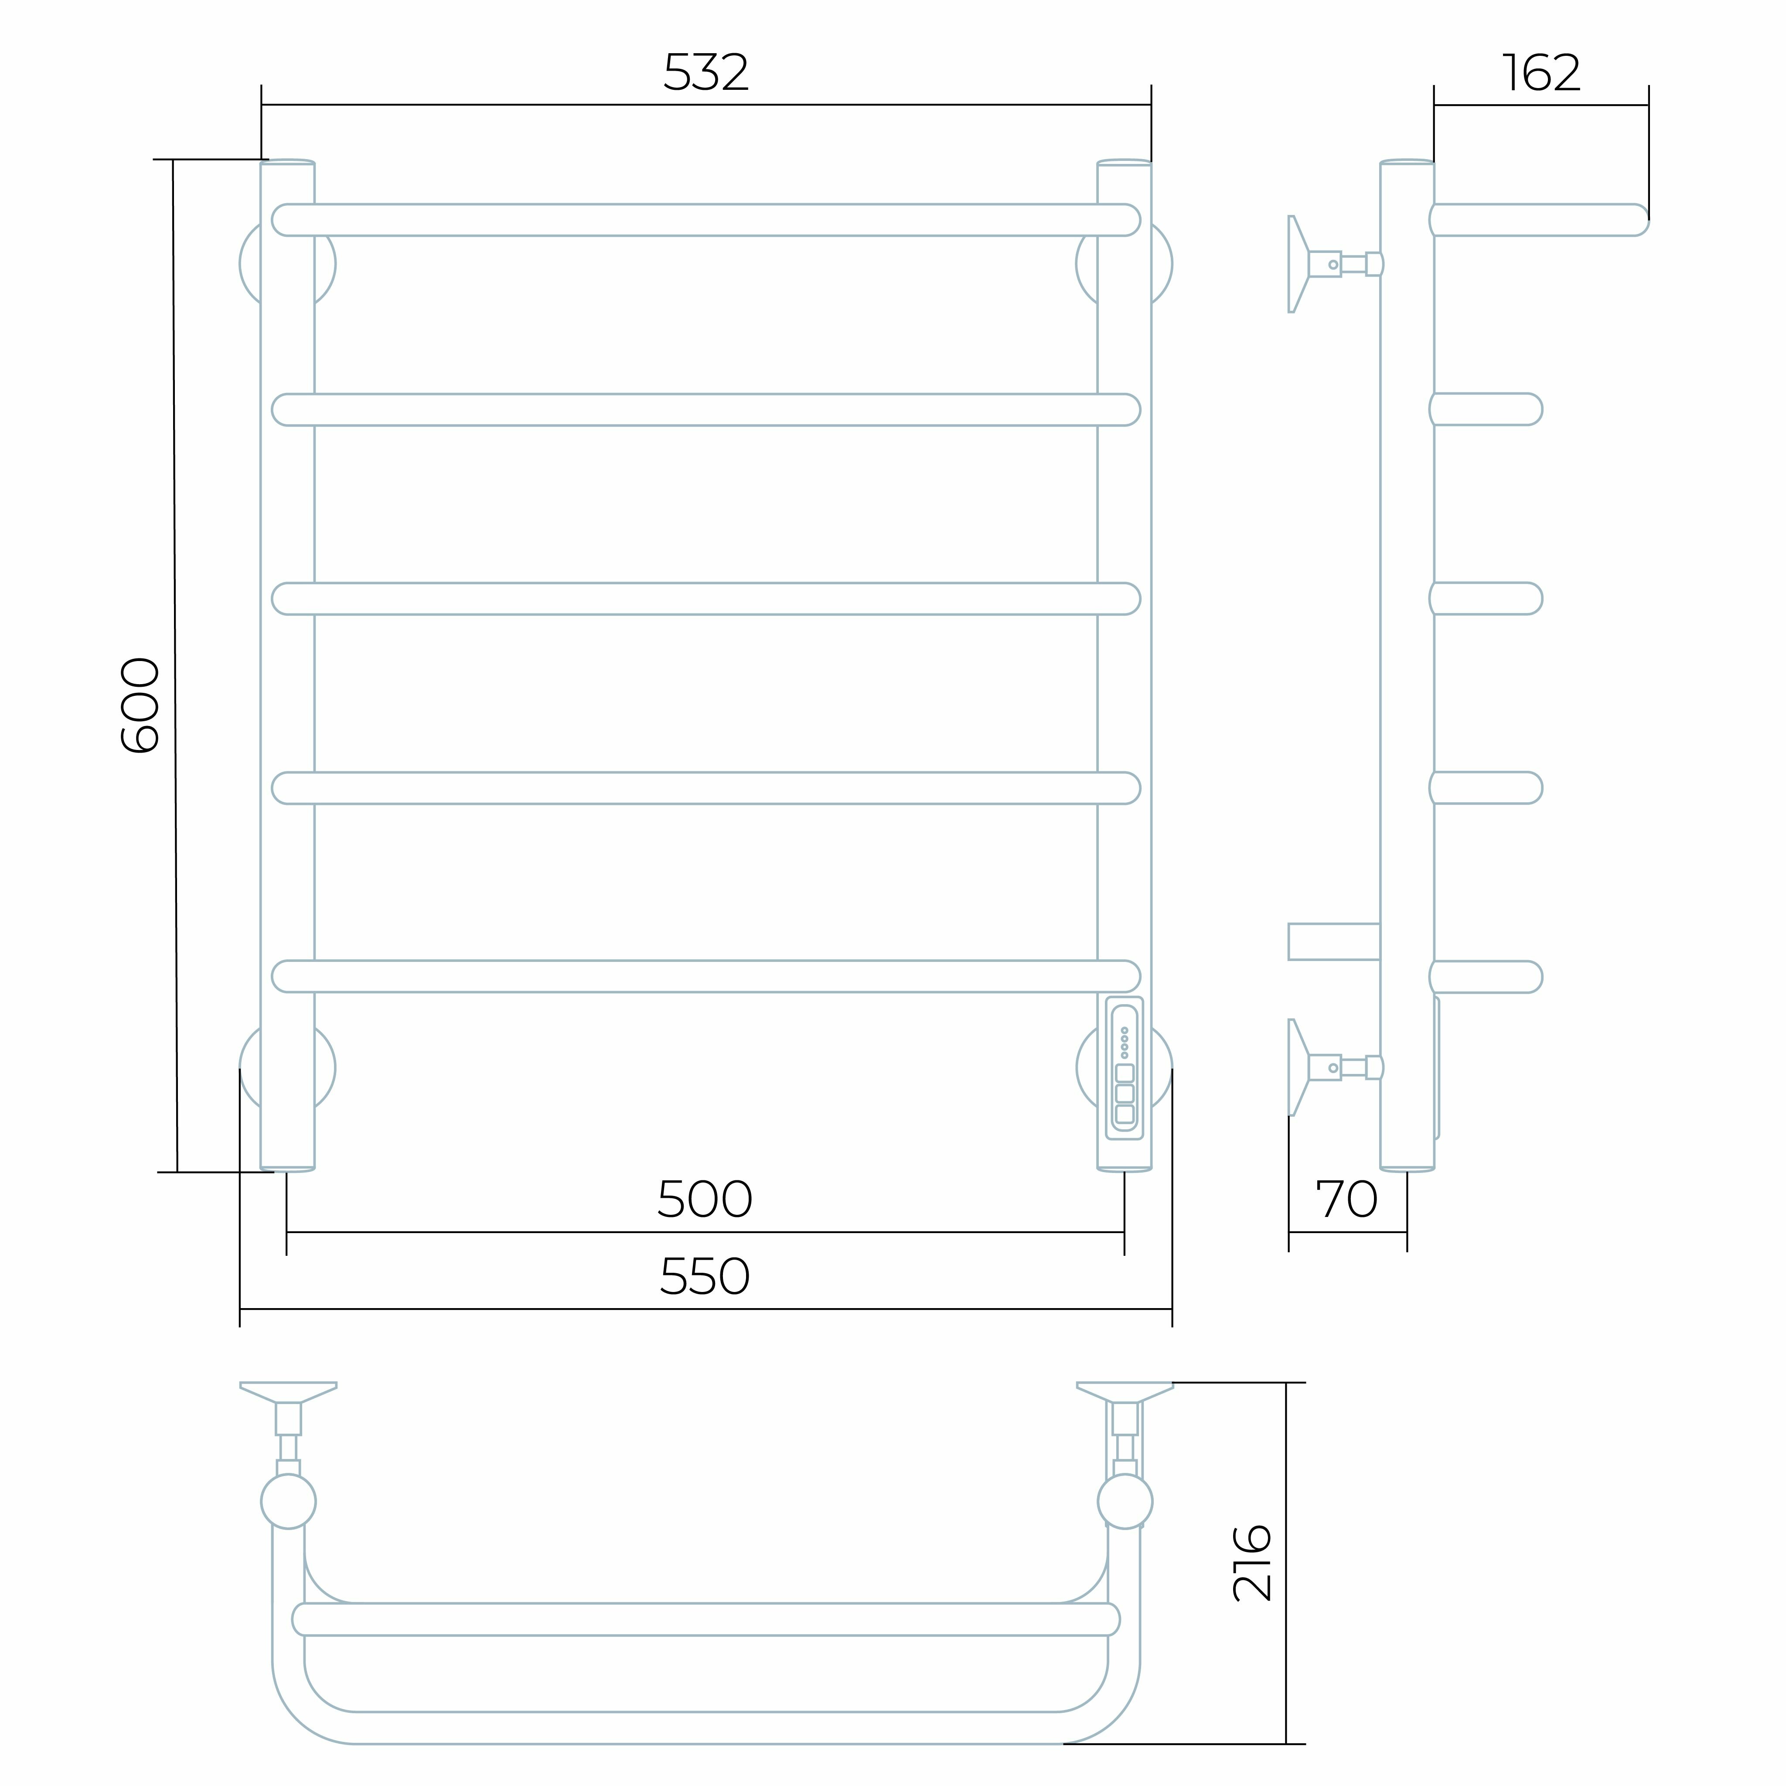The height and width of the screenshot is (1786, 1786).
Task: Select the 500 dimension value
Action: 705,1200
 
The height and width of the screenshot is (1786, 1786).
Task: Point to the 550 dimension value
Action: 705,1277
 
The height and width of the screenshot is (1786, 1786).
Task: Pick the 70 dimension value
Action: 1347,1200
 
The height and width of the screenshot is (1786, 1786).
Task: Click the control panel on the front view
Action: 1124,1068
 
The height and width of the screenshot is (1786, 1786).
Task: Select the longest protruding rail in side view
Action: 1539,220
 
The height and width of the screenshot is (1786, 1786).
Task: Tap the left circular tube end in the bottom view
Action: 288,1501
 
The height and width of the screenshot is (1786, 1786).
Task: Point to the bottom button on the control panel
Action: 1124,1114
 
